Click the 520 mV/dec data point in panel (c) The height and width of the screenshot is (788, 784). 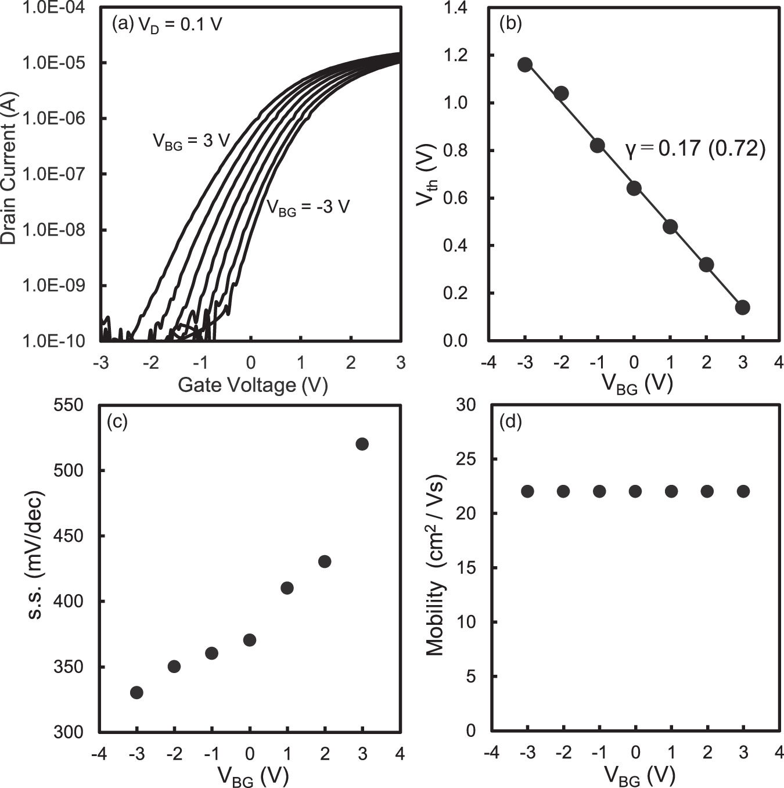coord(362,444)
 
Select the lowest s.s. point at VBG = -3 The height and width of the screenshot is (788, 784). coord(136,692)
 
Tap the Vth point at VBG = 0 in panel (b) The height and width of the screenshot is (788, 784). coord(634,188)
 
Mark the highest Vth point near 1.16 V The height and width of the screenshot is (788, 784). coord(525,64)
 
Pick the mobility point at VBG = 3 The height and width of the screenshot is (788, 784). coord(743,491)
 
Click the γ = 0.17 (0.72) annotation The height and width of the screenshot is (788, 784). coord(695,149)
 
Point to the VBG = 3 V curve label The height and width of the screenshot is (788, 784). coord(192,141)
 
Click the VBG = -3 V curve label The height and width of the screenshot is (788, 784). coord(308,207)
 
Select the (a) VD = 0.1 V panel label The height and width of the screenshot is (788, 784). coord(167,24)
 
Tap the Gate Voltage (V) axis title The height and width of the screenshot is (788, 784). coord(253,385)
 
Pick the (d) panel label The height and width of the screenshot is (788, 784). coord(510,422)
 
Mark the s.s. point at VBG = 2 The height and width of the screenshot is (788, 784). coord(325,562)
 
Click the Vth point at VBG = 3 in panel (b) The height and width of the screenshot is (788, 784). coord(742,307)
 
